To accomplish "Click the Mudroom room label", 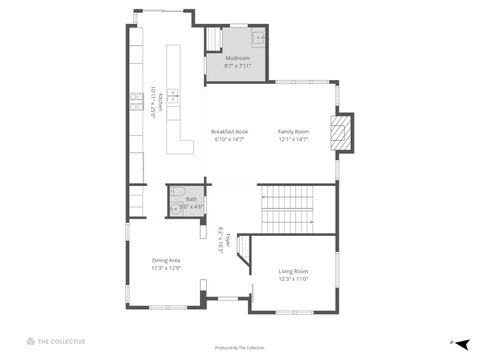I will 237,59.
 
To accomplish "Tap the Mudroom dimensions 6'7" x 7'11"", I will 237,68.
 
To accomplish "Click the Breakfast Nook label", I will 229,132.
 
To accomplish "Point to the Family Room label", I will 293,132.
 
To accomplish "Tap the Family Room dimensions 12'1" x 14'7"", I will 293,140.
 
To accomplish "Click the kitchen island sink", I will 173,97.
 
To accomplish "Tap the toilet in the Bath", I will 175,207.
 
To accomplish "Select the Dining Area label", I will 166,260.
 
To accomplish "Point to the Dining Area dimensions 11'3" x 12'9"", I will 166,268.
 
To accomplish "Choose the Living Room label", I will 293,271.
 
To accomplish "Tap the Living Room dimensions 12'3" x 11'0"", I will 293,279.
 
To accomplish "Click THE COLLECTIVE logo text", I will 62,342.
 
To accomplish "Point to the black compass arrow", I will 463,342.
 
